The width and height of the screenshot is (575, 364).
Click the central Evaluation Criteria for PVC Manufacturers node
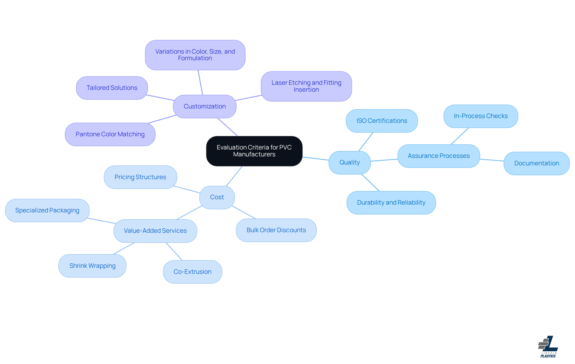(254, 151)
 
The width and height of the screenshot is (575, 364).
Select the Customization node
(205, 106)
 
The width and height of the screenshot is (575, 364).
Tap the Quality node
(349, 162)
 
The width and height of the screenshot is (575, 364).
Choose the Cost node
(217, 197)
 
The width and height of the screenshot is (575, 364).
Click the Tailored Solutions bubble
(112, 88)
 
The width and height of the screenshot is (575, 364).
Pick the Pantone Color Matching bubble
(110, 134)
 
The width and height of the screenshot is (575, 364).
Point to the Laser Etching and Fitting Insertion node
(306, 86)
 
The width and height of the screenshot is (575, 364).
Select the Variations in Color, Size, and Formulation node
(195, 55)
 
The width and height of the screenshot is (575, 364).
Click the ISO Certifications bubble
(382, 121)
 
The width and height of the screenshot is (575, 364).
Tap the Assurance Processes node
(438, 156)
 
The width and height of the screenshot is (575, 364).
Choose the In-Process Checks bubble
(480, 116)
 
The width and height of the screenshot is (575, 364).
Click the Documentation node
(536, 163)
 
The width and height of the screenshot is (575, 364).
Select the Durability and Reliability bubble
(391, 203)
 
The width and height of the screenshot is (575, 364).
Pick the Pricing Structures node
(140, 177)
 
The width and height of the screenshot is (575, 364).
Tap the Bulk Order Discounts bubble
(276, 230)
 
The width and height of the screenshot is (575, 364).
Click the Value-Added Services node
(155, 231)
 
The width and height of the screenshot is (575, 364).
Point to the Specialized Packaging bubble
(47, 210)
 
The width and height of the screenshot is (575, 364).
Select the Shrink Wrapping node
(92, 266)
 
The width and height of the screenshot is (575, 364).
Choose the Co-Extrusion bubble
(192, 272)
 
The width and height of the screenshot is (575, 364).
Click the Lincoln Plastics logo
(548, 347)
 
